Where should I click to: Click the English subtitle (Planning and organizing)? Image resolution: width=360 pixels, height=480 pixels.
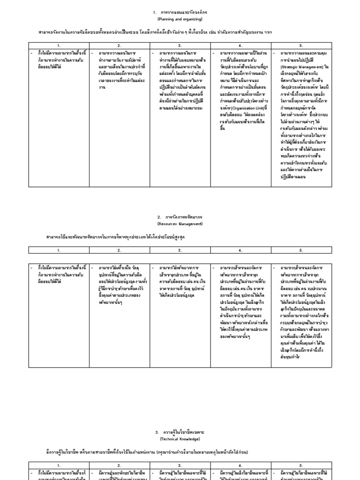coord(180,19)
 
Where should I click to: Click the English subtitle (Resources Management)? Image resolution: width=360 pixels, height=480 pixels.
coord(180,224)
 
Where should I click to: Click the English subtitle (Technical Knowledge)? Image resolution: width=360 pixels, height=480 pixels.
coord(180,439)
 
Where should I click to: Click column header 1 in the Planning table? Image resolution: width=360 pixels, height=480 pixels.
coord(59,45)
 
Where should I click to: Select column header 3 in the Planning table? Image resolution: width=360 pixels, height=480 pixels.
coord(180,45)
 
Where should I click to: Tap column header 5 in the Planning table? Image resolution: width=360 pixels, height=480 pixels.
coord(301,45)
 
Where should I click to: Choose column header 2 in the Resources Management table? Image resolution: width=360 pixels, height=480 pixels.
coord(119,250)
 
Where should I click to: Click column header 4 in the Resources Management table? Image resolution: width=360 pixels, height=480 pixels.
coord(240,250)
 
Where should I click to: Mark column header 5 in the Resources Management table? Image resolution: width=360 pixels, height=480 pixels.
coord(301,250)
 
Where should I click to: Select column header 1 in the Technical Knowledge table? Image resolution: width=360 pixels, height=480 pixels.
coord(59,465)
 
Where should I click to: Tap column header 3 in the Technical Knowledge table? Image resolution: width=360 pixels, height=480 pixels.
coord(180,465)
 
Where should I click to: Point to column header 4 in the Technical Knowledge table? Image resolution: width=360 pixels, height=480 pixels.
coord(240,465)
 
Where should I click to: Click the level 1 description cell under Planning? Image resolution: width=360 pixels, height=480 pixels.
coord(59,60)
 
